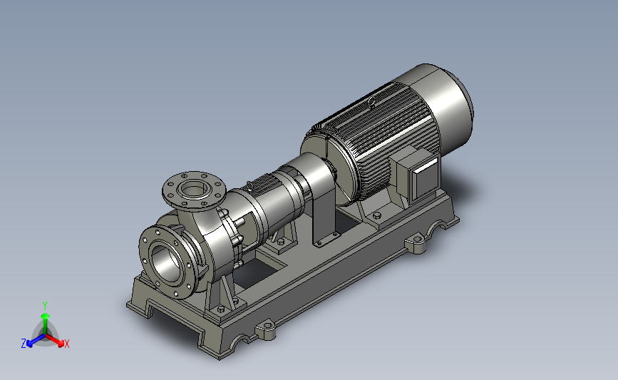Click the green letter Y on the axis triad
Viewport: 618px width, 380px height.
[45, 306]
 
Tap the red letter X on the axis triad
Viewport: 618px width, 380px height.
[66, 344]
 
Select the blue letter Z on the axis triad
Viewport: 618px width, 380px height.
[24, 344]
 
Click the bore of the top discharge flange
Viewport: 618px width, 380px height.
[193, 190]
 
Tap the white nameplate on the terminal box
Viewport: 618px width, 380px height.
[426, 165]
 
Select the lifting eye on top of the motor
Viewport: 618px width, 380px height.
[371, 103]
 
